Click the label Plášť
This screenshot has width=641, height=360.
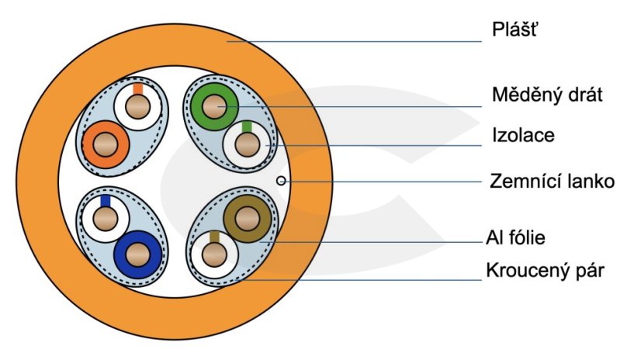pos(515,31)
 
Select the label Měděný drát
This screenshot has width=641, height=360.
pos(547,95)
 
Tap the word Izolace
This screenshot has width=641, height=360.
pos(522,136)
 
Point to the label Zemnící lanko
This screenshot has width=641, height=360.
pos(552,182)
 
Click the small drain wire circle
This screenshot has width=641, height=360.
pos(281,181)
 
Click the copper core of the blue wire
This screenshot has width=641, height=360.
pos(139,254)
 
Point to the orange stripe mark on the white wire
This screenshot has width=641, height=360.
pos(138,89)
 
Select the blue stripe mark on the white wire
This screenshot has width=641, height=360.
pos(105,201)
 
